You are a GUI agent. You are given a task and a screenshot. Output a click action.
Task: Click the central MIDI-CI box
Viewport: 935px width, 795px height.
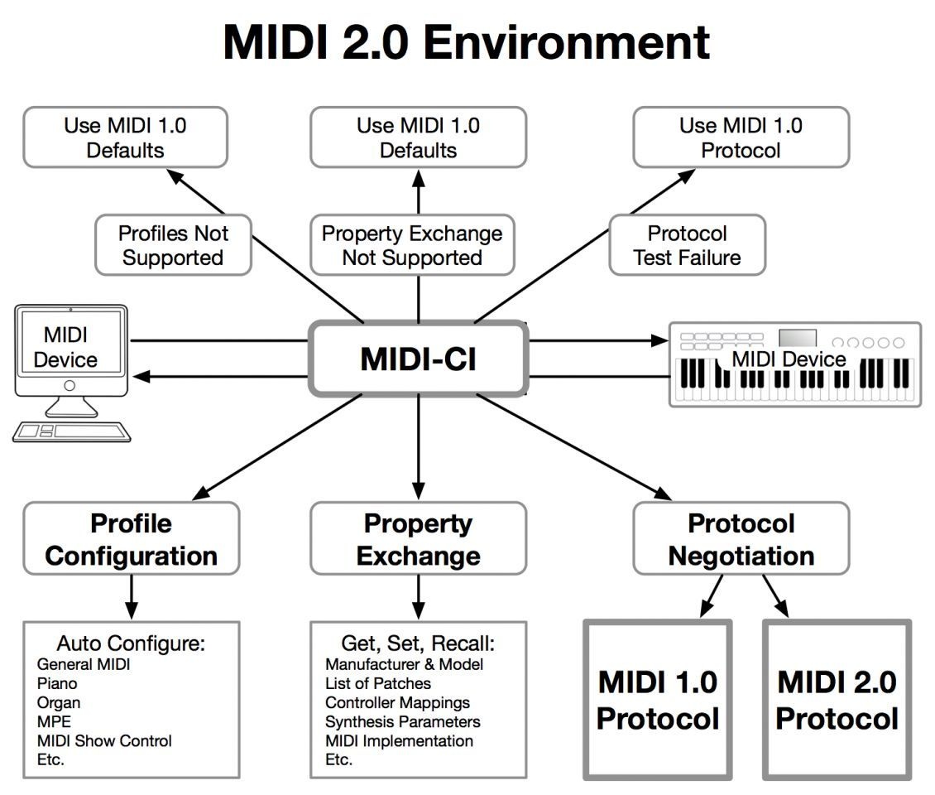point(418,359)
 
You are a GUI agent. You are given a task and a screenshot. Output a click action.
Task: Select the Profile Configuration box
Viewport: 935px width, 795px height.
point(131,538)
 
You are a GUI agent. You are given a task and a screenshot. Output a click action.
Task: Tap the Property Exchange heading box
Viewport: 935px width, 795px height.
point(418,538)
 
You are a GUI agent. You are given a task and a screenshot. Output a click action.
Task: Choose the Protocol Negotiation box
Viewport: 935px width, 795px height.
point(741,538)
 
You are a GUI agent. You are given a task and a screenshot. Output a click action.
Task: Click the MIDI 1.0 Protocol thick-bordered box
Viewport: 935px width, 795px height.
point(658,700)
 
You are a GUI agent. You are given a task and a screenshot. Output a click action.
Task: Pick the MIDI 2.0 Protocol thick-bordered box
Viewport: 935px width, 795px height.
point(837,700)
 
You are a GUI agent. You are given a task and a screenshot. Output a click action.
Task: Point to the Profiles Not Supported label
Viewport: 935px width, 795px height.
point(172,245)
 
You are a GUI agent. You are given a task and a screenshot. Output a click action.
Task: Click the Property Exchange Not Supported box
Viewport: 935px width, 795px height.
point(411,245)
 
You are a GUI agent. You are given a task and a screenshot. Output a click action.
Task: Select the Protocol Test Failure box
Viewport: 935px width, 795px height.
point(687,245)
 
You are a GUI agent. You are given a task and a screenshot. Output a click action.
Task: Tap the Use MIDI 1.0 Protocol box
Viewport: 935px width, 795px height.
point(741,137)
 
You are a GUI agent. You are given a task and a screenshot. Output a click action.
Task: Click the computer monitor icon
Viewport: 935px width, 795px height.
point(70,352)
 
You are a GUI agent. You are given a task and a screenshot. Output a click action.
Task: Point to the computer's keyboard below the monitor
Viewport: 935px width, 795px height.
point(71,431)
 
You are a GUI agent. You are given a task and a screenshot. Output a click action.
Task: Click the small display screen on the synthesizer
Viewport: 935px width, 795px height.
point(798,338)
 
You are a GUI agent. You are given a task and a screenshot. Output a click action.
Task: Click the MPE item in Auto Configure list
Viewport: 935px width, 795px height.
point(55,721)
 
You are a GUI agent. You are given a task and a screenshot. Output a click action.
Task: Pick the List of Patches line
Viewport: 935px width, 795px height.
point(378,683)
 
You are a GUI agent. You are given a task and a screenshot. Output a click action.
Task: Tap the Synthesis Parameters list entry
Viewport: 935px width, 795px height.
point(402,721)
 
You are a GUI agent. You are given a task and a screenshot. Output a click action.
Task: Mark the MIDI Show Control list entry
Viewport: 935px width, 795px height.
point(104,740)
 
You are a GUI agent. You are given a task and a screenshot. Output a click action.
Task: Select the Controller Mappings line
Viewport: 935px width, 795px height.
point(397,702)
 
